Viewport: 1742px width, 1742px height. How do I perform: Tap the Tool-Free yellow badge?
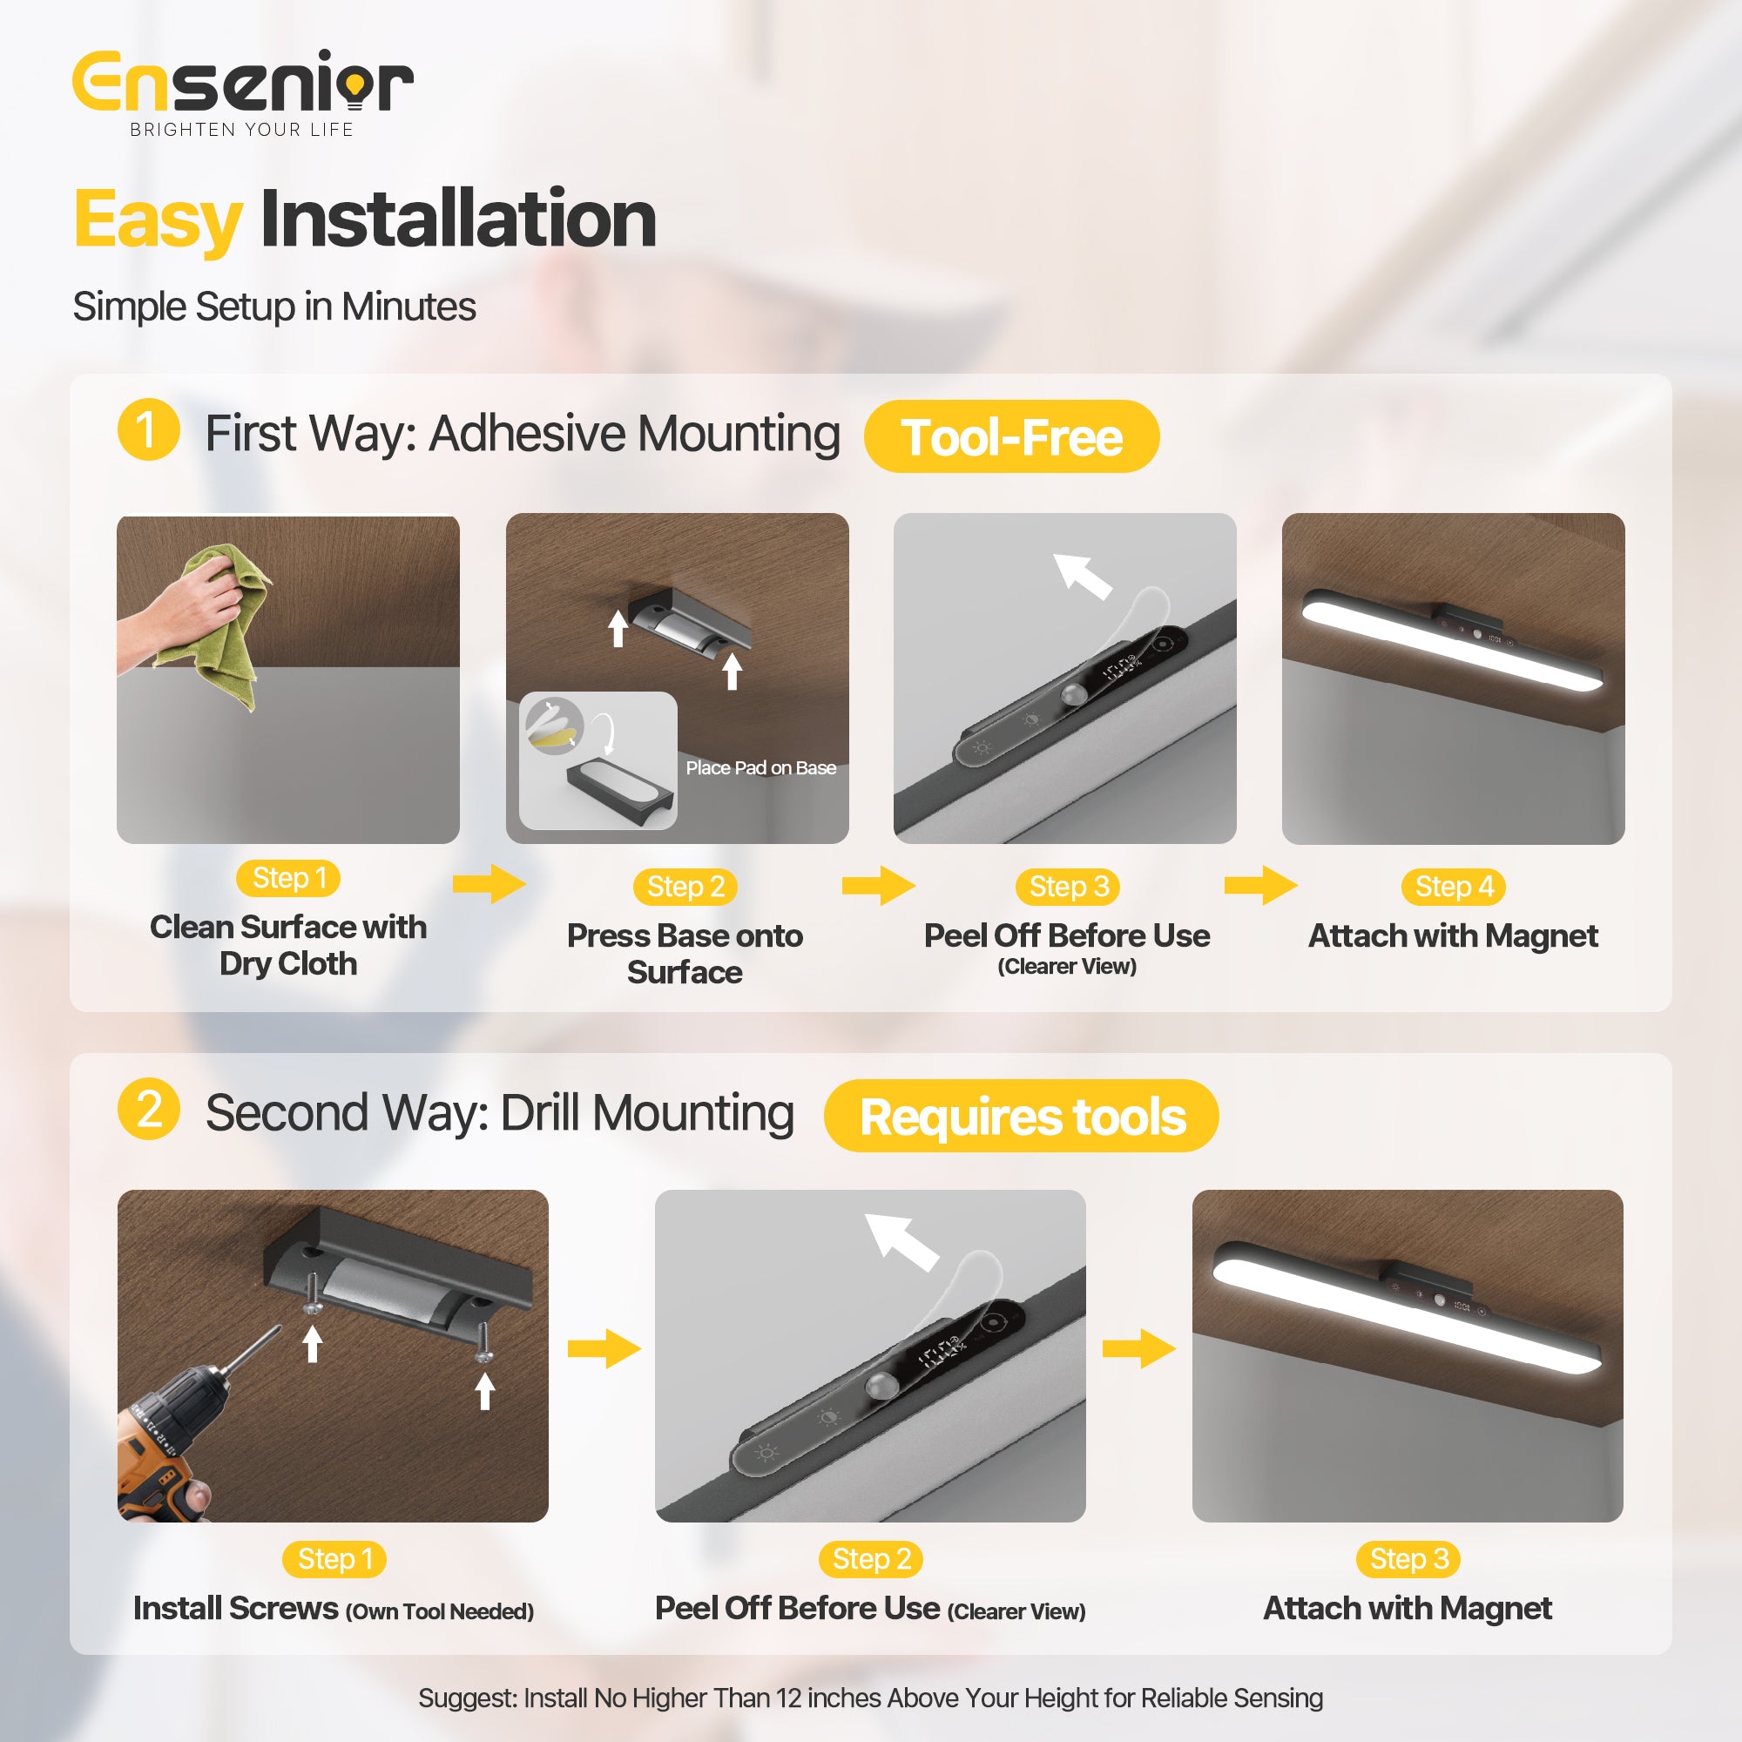click(1010, 437)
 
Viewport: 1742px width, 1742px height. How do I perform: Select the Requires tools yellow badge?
click(1022, 1117)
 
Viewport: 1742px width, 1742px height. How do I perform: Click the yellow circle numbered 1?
click(148, 430)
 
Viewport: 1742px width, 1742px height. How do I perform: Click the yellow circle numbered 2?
click(148, 1109)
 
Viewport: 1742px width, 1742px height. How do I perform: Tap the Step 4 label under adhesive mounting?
click(1454, 887)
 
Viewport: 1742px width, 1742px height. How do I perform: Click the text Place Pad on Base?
click(760, 768)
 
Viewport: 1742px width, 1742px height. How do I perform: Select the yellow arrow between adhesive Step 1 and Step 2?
click(489, 883)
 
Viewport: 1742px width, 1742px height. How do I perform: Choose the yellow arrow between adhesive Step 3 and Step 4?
click(1259, 886)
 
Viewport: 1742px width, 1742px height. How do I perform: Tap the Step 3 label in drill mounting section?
click(1408, 1559)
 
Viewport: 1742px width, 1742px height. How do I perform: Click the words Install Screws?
click(235, 1609)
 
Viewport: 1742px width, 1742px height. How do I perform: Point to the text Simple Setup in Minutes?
click(274, 307)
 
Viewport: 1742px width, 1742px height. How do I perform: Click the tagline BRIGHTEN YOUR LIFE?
click(241, 130)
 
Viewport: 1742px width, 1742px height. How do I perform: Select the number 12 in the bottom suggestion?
click(788, 1698)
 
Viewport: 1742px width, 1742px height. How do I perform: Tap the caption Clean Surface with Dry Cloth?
click(287, 945)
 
